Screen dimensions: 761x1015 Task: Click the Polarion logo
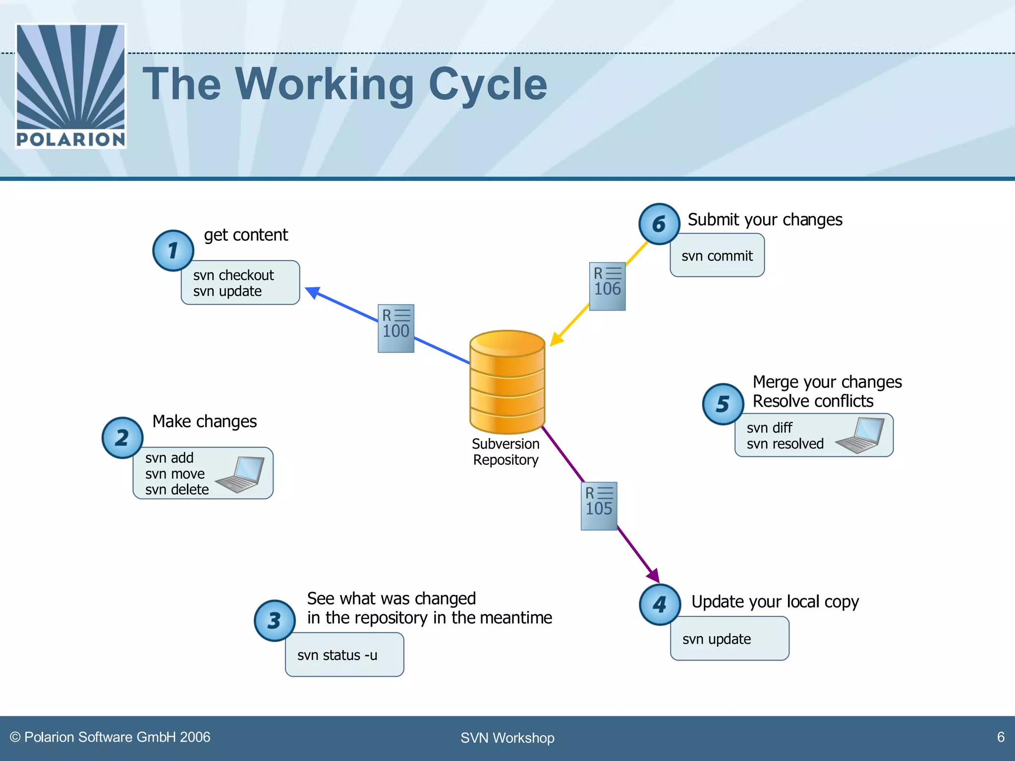[71, 86]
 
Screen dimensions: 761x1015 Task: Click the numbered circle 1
[173, 251]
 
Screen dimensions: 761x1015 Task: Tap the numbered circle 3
[275, 620]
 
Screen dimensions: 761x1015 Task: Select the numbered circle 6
[659, 224]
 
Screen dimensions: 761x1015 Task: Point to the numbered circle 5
[723, 404]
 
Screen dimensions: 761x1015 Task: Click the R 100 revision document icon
[395, 328]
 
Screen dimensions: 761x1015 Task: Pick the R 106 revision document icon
[607, 286]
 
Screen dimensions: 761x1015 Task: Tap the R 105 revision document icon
[599, 506]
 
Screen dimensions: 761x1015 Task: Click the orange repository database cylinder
[507, 381]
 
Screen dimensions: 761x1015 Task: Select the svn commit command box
[717, 256]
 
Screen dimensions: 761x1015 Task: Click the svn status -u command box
[344, 654]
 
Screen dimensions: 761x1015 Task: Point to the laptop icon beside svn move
[241, 474]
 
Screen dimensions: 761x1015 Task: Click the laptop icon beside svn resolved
[861, 435]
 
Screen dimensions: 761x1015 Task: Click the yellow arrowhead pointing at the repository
[556, 339]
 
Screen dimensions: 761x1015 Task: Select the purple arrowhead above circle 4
[654, 576]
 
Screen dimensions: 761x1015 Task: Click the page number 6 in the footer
[1001, 737]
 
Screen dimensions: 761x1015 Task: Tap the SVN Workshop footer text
[507, 738]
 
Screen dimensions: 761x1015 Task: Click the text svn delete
[177, 489]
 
